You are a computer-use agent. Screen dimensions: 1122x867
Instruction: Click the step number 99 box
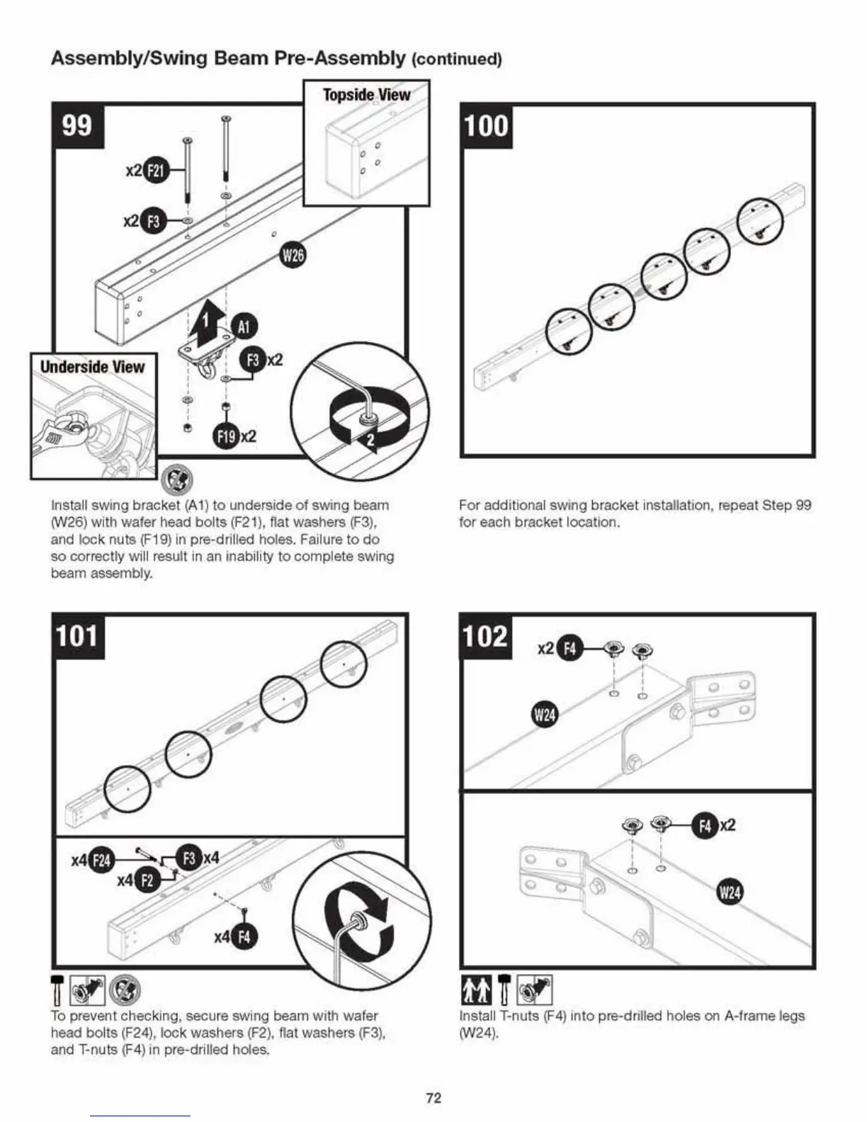[77, 126]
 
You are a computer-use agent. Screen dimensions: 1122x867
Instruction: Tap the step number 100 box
[486, 126]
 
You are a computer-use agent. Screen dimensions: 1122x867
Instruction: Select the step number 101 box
[77, 635]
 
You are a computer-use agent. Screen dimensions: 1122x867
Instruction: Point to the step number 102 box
[486, 635]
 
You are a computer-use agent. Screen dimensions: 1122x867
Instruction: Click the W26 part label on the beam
[293, 255]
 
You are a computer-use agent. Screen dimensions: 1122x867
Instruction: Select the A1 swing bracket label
[244, 327]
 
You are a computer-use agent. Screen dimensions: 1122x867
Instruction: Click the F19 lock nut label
[227, 437]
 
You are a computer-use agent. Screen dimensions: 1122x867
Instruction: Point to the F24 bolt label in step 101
[103, 861]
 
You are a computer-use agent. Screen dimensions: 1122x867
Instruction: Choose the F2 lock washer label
[147, 881]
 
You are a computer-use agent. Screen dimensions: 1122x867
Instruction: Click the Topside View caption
[366, 95]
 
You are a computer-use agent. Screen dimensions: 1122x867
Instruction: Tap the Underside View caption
[92, 367]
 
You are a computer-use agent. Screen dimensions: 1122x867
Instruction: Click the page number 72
[433, 1098]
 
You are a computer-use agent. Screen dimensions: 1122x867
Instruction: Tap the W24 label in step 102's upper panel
[544, 715]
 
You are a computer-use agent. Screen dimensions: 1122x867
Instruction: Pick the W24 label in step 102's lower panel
[729, 892]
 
